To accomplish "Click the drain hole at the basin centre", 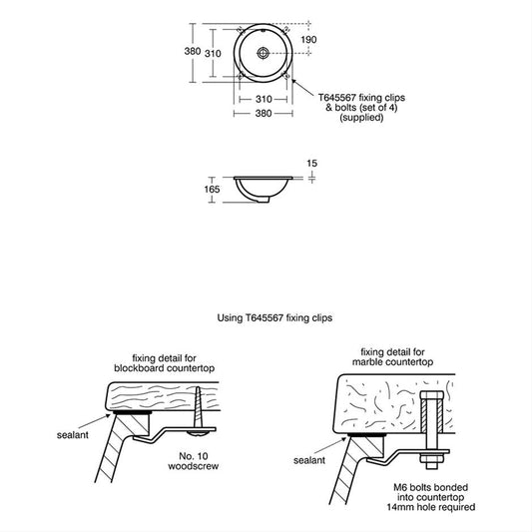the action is tap(263, 53).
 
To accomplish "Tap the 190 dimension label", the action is tap(308, 40).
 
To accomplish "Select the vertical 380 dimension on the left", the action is tap(193, 51).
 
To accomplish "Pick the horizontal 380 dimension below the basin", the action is tap(264, 114).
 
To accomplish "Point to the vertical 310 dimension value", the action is tap(213, 53).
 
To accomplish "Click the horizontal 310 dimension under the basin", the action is tap(264, 99).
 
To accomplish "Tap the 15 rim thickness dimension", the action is tap(311, 164).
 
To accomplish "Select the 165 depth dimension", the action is tap(212, 190).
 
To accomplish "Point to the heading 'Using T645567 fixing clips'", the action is tap(274, 318).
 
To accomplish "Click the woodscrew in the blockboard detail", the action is tap(198, 411).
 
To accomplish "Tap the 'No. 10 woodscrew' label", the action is tap(193, 461).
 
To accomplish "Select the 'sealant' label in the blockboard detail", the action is tap(73, 435).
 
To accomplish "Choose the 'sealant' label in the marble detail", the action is tap(309, 460).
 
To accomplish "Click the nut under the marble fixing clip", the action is tap(431, 459).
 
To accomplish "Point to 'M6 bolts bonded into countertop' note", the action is tap(431, 492).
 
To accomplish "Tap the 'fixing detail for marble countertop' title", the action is tap(392, 357).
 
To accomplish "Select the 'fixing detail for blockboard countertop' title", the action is tap(165, 363).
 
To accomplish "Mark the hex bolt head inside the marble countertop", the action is tap(431, 395).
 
